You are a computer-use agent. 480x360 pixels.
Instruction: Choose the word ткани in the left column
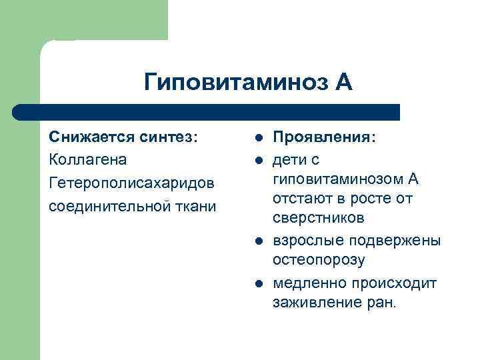pos(195,206)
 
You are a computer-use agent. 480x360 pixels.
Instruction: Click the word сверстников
pos(318,219)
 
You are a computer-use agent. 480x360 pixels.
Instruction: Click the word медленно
pos(309,283)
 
